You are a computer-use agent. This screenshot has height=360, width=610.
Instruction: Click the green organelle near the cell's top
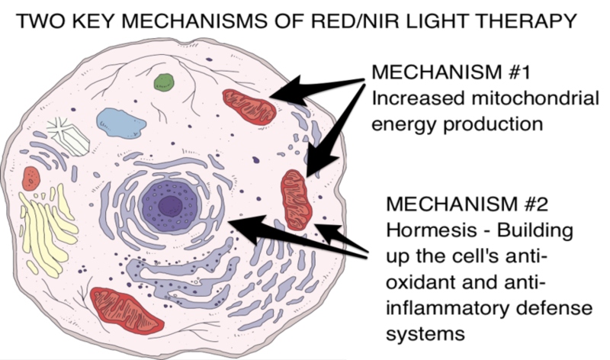163,80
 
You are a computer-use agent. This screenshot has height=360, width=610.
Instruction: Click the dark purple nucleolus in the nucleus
169,204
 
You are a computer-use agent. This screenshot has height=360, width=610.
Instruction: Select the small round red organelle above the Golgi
31,178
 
